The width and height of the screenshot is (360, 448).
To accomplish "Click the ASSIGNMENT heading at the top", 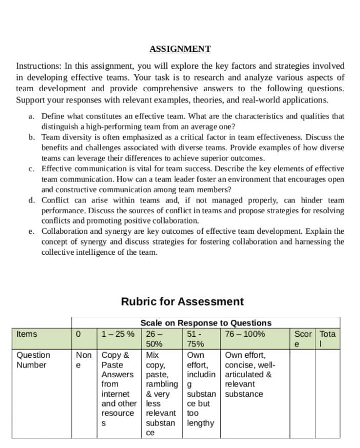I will point(180,49).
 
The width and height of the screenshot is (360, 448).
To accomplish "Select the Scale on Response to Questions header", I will point(206,323).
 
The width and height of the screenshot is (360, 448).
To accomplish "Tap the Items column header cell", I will point(27,334).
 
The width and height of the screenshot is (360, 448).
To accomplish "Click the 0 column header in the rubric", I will point(78,334).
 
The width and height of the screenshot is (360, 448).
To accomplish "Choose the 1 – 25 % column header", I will point(118,334).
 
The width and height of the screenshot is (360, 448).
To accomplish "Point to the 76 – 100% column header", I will point(245,334).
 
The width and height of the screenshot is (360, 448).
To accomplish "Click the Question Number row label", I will point(33,360).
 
